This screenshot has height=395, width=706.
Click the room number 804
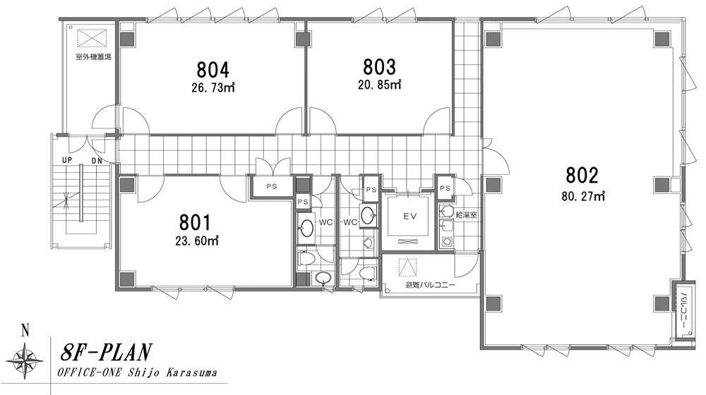[213, 70]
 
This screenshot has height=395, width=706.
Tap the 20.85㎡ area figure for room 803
[379, 84]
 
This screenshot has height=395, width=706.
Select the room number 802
[582, 175]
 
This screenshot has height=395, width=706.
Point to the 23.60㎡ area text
[197, 241]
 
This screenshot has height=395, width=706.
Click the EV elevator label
[409, 217]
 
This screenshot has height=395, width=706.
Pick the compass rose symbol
[25, 360]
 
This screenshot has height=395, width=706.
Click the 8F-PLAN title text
[106, 353]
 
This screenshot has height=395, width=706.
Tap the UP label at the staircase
[67, 160]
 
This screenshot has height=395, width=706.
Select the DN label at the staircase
[96, 160]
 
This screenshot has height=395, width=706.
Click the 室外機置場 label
[93, 57]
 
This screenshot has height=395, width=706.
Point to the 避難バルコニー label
[431, 285]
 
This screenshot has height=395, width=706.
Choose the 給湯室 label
[466, 215]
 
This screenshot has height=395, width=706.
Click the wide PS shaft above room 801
[271, 186]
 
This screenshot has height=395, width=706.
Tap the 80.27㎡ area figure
[583, 196]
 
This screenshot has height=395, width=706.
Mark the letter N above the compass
[25, 332]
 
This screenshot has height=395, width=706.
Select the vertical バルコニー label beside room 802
[683, 310]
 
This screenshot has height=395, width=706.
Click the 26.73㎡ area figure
[213, 87]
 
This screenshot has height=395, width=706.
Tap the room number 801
[195, 223]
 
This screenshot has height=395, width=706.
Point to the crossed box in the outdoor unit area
[92, 38]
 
